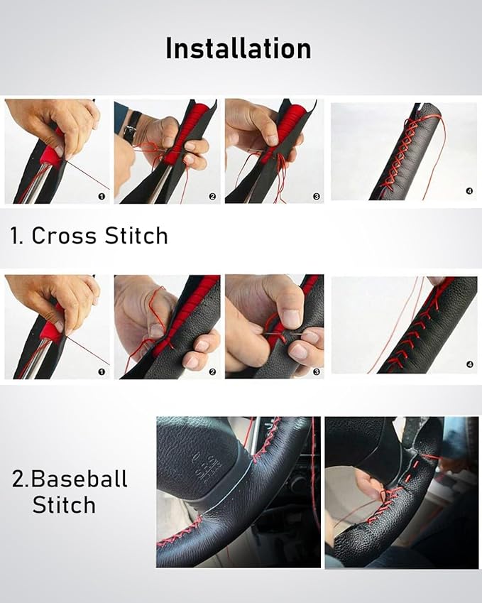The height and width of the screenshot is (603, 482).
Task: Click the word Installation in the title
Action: click(239, 48)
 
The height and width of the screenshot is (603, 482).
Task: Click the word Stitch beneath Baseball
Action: click(64, 506)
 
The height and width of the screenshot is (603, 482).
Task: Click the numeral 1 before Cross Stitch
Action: click(15, 236)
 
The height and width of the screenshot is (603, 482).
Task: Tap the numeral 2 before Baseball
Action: click(19, 479)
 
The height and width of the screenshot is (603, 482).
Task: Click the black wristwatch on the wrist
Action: click(130, 131)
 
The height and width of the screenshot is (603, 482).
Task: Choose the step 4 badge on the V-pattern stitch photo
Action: click(469, 365)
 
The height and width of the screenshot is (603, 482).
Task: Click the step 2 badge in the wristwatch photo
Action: click(212, 196)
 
